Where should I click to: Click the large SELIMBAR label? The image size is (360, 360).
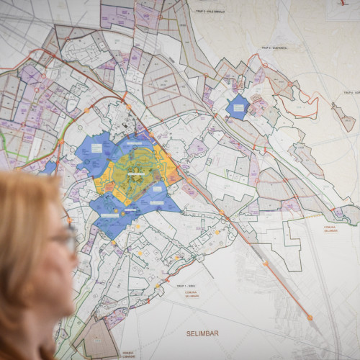point(201,333)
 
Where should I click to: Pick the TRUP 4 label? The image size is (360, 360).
point(350,93)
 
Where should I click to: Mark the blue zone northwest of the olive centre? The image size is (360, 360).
point(97,151)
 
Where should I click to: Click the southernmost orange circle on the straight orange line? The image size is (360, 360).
point(310,317)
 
